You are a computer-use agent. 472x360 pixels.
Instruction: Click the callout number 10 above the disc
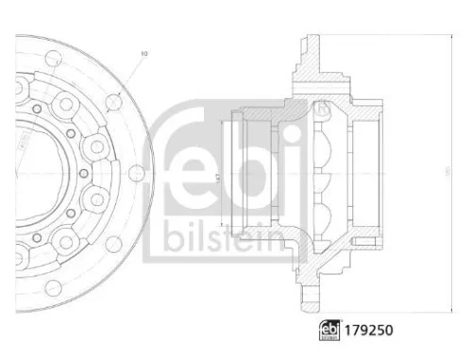tap(144, 54)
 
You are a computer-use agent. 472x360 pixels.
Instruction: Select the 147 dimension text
tap(217, 177)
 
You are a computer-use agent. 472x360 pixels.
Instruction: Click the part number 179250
tap(366, 332)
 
